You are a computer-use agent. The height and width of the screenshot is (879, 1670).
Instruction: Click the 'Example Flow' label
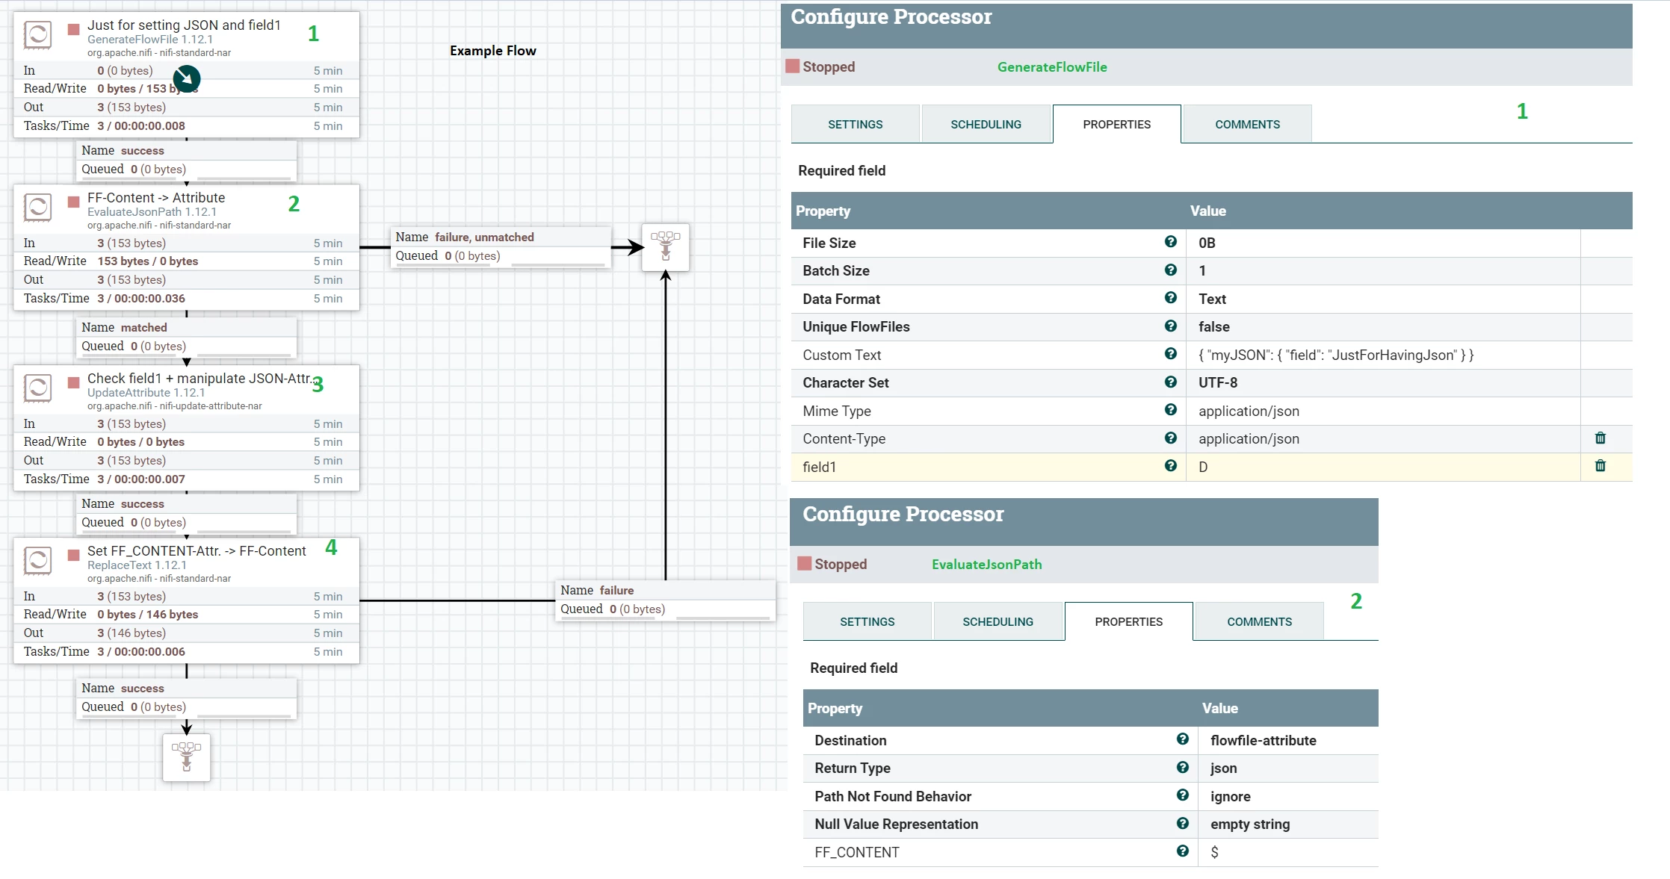[x=492, y=51]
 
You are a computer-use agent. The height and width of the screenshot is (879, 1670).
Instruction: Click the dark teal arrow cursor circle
[x=187, y=78]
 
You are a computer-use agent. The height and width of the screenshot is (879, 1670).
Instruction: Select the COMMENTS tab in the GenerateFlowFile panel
[x=1247, y=124]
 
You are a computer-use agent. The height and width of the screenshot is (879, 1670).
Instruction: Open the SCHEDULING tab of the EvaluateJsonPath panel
[x=998, y=621]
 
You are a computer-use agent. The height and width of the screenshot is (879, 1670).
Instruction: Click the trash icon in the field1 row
[x=1601, y=466]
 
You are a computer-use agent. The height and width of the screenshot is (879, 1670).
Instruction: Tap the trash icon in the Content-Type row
[x=1601, y=438]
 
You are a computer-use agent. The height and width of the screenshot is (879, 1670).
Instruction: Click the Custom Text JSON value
[x=1336, y=355]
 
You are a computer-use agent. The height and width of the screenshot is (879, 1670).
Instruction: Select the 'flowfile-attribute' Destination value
[x=1264, y=741]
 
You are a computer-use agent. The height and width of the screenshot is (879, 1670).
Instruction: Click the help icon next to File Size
[x=1171, y=242]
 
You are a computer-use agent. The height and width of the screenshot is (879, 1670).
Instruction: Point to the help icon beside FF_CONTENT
[x=1183, y=851]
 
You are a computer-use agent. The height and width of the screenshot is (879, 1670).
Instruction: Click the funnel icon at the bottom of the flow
[x=187, y=757]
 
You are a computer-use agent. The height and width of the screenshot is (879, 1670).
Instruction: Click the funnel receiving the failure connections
[x=666, y=247]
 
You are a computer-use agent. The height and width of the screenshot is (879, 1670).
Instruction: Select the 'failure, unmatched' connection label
[x=484, y=237]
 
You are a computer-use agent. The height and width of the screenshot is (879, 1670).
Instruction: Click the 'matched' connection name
[x=144, y=328]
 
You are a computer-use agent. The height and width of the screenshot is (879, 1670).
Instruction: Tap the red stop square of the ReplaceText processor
[x=74, y=555]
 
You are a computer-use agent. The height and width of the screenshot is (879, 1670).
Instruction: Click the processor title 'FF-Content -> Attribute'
[x=156, y=198]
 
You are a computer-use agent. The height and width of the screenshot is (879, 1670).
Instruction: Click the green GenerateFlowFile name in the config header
[x=1052, y=67]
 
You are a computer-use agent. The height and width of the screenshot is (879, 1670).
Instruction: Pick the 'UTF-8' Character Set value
[x=1218, y=383]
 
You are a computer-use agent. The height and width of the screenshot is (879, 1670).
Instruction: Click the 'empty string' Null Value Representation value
[x=1250, y=824]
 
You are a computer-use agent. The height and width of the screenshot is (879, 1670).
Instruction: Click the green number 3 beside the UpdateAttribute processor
[x=318, y=385]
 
